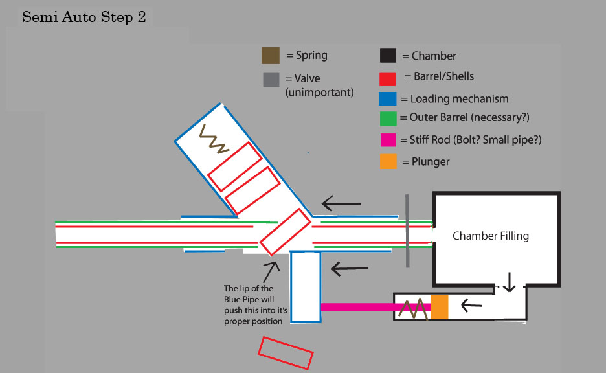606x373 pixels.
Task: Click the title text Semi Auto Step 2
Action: click(x=84, y=17)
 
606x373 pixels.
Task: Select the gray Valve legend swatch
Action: click(x=271, y=79)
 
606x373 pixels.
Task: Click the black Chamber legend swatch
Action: click(x=388, y=56)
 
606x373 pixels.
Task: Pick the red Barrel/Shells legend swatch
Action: click(x=388, y=78)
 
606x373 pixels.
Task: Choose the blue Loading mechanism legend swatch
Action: click(x=388, y=99)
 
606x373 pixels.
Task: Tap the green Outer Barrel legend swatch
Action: click(x=388, y=119)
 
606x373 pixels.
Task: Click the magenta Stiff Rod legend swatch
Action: click(x=388, y=140)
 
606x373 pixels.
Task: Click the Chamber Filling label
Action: click(x=490, y=236)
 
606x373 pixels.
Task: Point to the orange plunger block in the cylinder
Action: click(x=440, y=306)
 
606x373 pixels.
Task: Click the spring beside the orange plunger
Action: click(x=414, y=307)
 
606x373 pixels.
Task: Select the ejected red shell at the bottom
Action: click(x=286, y=352)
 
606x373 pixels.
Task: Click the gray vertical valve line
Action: click(x=407, y=230)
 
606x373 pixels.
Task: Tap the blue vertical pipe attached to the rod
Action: click(x=305, y=286)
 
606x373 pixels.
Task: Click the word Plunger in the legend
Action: click(x=429, y=161)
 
